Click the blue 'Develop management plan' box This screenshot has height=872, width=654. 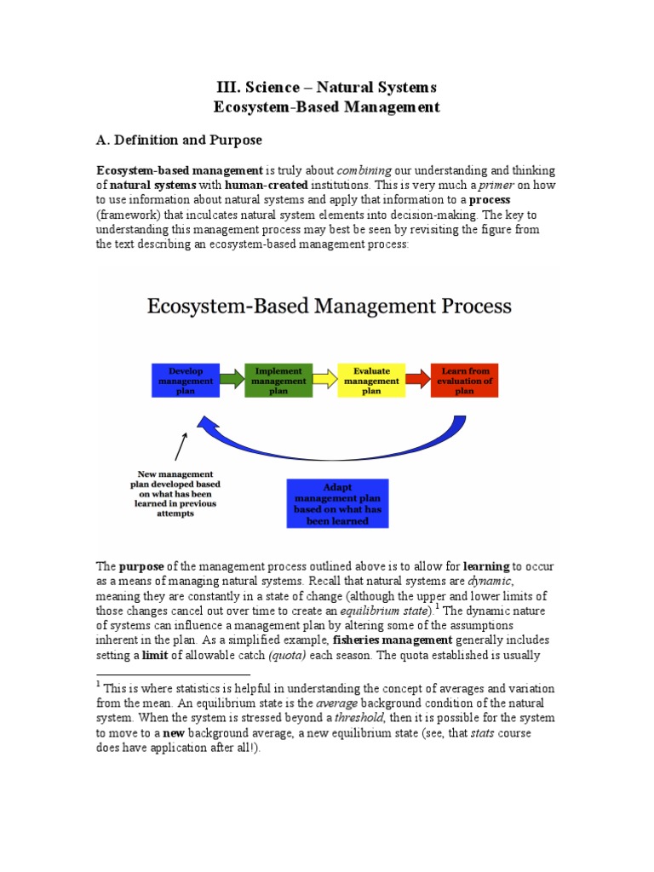click(186, 380)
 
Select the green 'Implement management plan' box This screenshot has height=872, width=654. click(278, 380)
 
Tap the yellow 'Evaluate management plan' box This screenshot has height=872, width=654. click(372, 380)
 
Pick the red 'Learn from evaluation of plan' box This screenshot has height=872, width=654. click(464, 380)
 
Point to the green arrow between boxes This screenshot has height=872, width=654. click(232, 380)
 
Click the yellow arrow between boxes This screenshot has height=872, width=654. click(325, 380)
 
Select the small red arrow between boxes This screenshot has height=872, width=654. click(418, 380)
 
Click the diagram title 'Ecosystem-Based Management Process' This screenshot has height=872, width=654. click(330, 306)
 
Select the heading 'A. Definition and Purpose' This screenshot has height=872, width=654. click(179, 140)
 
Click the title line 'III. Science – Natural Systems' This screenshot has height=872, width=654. click(326, 87)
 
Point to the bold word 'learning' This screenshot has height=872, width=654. click(486, 566)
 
